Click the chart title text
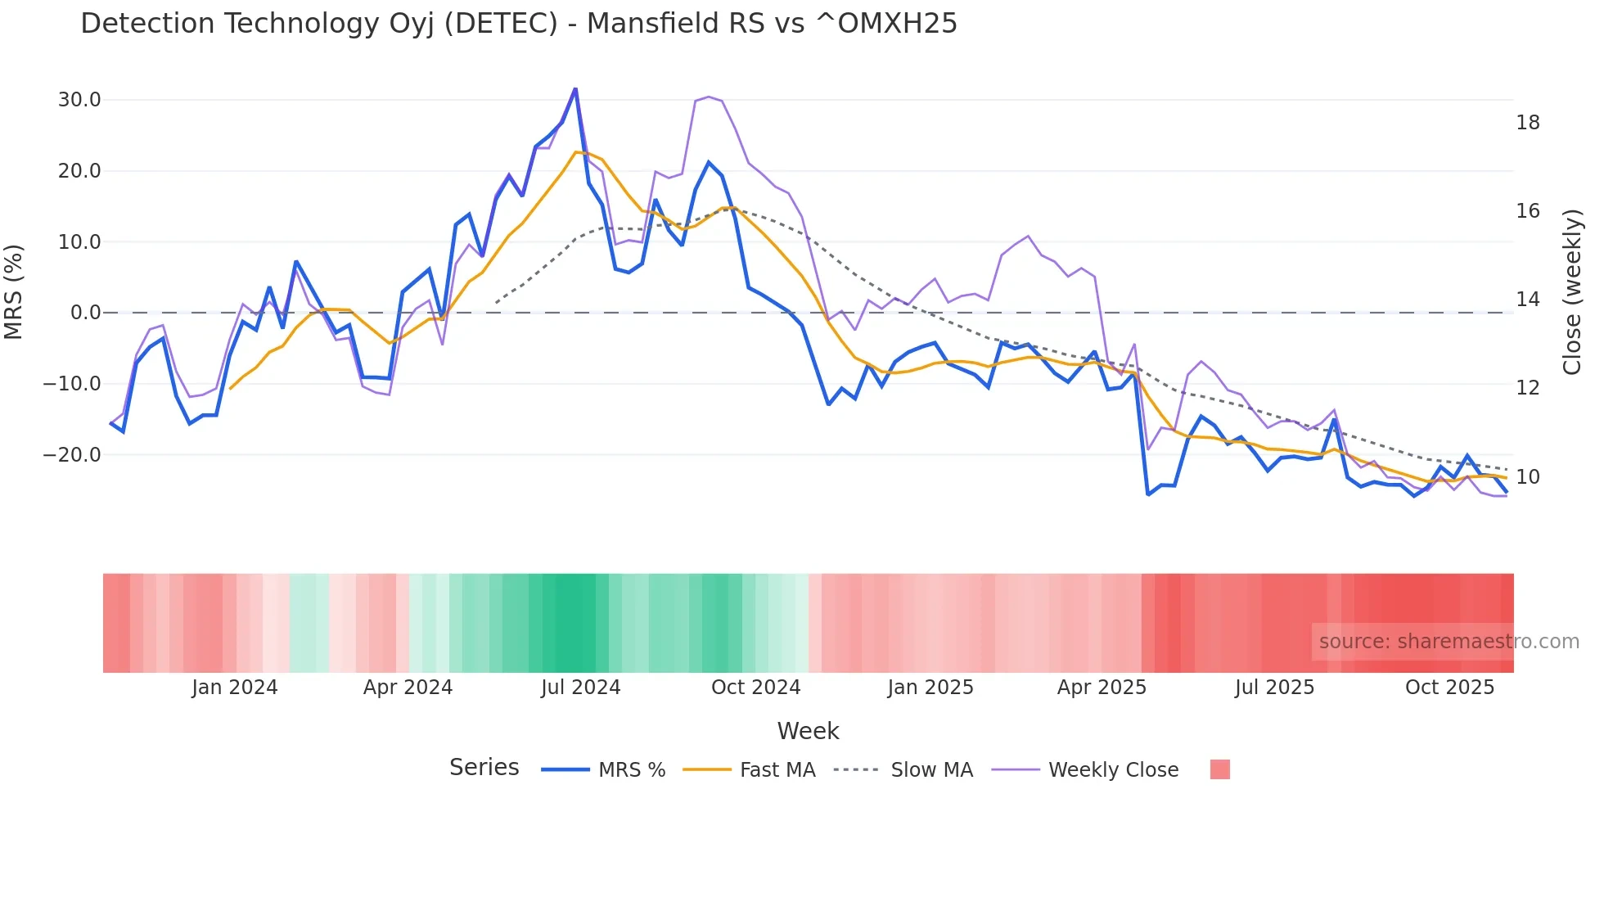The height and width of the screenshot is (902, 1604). (x=519, y=24)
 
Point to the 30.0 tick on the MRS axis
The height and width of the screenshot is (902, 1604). (x=79, y=100)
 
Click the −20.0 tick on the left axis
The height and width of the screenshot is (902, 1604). (x=72, y=454)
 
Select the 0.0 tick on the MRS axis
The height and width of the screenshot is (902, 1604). (x=86, y=313)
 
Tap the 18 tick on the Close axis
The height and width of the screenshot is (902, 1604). (x=1527, y=123)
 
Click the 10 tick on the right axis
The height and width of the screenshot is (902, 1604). (x=1527, y=477)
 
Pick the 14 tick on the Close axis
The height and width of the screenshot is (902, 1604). (x=1527, y=300)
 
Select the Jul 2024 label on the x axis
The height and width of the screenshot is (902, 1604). (x=580, y=688)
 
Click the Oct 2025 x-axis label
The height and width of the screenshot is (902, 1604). (x=1449, y=688)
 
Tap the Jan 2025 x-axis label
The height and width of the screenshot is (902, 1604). (x=930, y=688)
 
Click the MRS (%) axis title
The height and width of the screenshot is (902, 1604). (x=14, y=292)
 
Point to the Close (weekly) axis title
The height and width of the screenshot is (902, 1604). (x=1571, y=292)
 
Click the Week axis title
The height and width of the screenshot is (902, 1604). (x=808, y=731)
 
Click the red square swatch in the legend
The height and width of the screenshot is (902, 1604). (x=1219, y=769)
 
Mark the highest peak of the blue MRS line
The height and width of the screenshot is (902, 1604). (x=575, y=88)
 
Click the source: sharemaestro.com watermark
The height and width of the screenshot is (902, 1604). (x=1449, y=642)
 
